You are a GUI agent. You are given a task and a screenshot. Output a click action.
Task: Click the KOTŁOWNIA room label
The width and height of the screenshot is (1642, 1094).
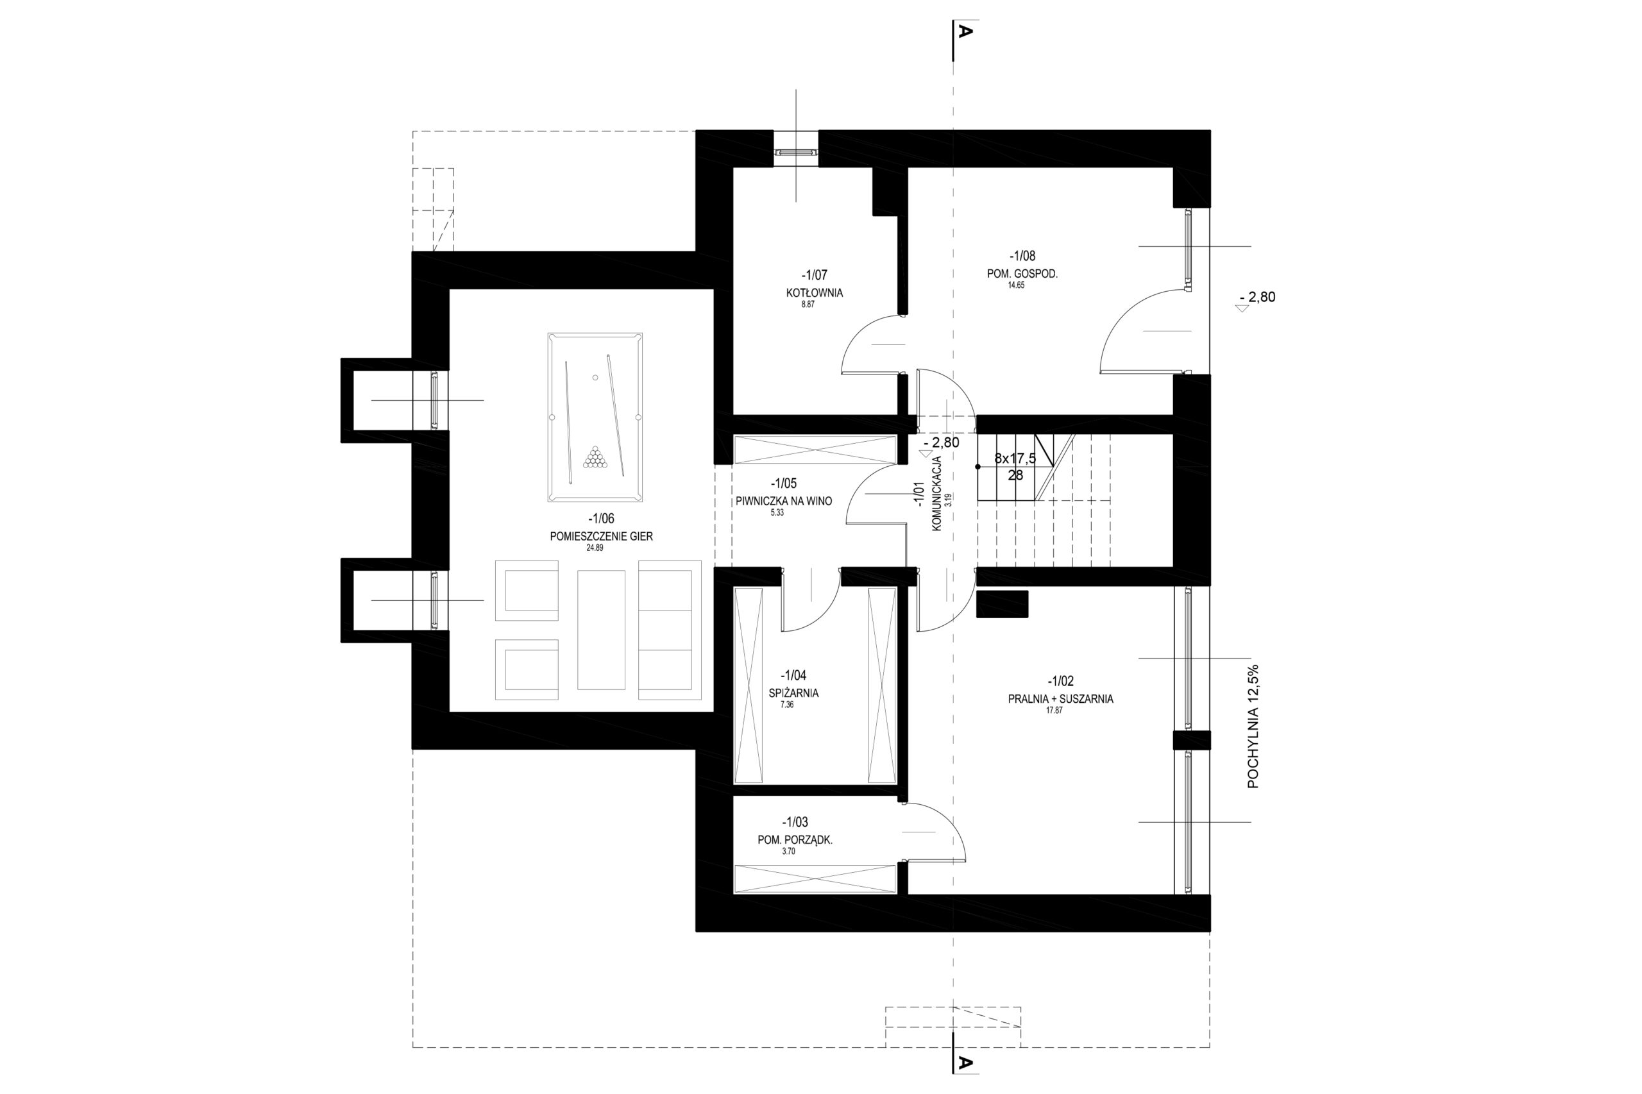[x=814, y=293]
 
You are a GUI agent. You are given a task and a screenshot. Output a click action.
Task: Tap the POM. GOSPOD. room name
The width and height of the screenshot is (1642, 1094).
[x=1022, y=274]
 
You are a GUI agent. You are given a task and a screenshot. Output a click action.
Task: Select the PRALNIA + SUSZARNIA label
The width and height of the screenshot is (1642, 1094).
[x=1060, y=698]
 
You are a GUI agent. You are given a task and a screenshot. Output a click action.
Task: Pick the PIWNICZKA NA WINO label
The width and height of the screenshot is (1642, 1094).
[x=784, y=501]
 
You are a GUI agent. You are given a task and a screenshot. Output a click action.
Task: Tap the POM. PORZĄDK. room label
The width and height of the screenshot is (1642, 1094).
[x=795, y=840]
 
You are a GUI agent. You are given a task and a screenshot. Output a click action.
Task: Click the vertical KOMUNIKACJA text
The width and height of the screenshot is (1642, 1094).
[x=936, y=493]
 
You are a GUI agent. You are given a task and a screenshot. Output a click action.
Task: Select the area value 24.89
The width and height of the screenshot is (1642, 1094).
[x=595, y=548]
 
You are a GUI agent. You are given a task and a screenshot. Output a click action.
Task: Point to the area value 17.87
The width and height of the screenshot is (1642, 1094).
[x=1054, y=711]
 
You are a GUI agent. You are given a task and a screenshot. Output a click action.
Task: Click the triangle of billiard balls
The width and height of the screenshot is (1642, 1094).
[x=595, y=457]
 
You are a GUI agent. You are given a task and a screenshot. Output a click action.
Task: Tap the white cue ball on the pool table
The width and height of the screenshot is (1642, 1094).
[x=595, y=378]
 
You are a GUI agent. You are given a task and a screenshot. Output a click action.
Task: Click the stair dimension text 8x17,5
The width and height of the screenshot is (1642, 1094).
[x=1015, y=459]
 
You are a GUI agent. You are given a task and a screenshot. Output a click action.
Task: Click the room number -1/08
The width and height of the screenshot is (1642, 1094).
[x=1022, y=256]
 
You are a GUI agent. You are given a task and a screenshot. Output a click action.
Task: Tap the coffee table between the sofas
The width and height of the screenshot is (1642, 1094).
[x=601, y=629]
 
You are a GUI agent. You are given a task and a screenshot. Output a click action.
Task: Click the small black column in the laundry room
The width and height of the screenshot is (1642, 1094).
[x=1002, y=604]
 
